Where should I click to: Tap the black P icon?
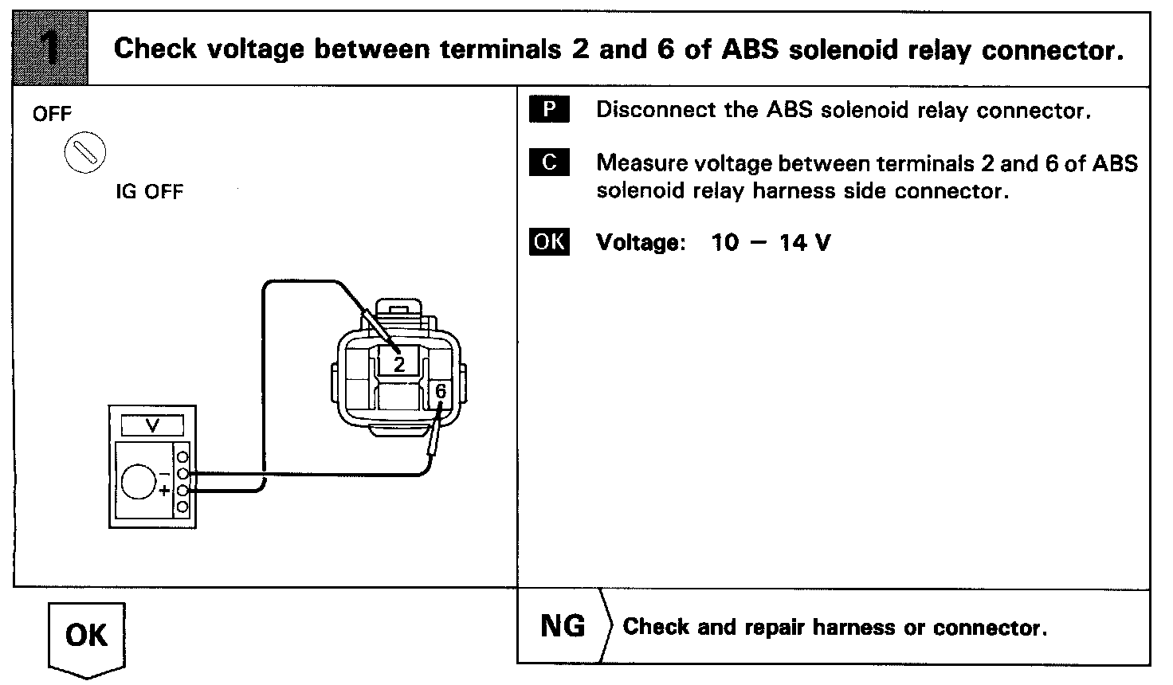549,109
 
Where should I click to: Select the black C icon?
549,163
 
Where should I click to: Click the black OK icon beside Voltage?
549,241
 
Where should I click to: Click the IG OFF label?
149,192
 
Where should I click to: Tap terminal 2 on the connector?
399,363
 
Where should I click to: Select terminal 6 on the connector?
441,392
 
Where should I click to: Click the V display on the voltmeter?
153,426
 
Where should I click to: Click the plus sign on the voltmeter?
164,491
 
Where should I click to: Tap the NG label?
563,626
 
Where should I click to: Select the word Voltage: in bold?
641,242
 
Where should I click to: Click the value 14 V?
805,242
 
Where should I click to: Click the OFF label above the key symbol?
52,114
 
